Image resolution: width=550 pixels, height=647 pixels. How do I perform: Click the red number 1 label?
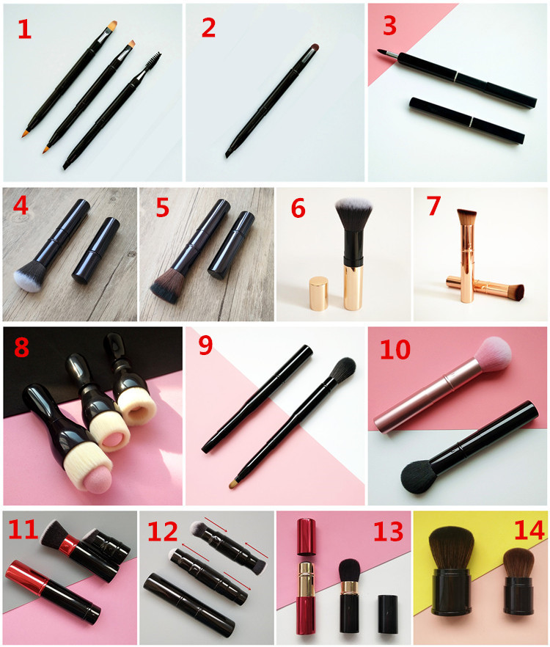pyautogui.click(x=25, y=29)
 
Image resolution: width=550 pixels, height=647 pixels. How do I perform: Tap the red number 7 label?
pyautogui.click(x=433, y=205)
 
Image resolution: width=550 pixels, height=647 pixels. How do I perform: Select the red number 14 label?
pyautogui.click(x=529, y=530)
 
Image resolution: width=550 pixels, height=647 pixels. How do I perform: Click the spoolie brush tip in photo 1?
pyautogui.click(x=153, y=62)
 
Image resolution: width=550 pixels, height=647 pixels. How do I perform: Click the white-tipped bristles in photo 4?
pyautogui.click(x=26, y=279)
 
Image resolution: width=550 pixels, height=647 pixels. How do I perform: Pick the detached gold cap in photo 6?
pyautogui.click(x=318, y=293)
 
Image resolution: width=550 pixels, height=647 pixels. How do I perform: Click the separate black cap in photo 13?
pyautogui.click(x=388, y=614)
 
